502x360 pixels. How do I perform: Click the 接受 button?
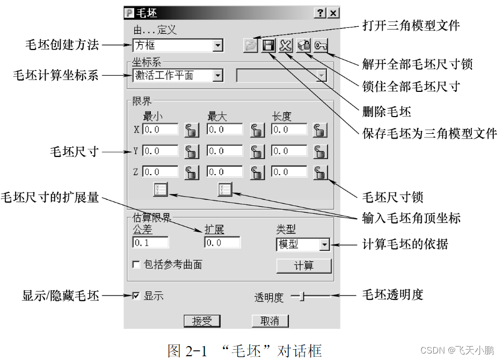(x=202, y=321)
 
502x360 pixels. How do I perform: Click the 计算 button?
(x=304, y=265)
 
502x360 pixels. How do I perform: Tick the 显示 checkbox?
(x=136, y=296)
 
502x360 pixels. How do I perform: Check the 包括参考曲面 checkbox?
(x=136, y=264)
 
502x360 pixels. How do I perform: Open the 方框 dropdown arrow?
(x=217, y=46)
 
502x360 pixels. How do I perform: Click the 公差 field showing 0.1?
(x=150, y=242)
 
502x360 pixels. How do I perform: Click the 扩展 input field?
(x=222, y=242)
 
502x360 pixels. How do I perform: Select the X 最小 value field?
(x=161, y=129)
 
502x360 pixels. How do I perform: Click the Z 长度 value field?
(x=289, y=172)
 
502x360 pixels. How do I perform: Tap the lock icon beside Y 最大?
(x=257, y=152)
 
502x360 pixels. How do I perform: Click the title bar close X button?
(x=333, y=13)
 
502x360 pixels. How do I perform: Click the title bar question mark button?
(x=321, y=13)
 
